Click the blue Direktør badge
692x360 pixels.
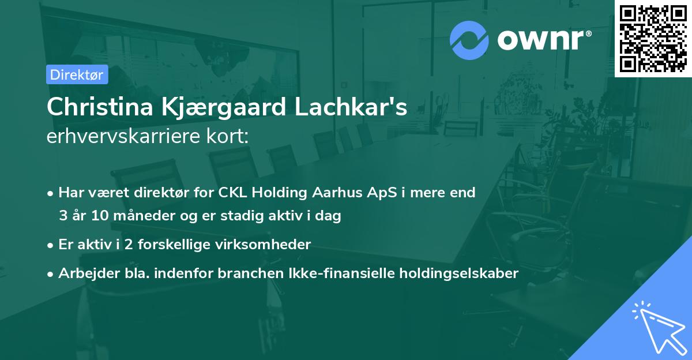pyautogui.click(x=77, y=74)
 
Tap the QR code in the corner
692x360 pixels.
pyautogui.click(x=653, y=38)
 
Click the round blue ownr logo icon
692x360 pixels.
pyautogui.click(x=469, y=40)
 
